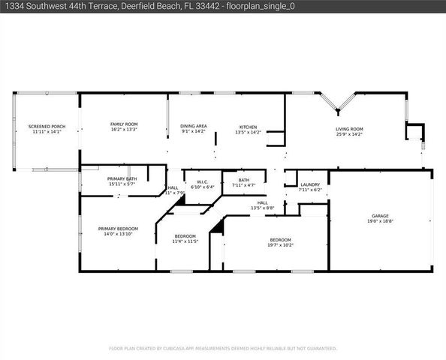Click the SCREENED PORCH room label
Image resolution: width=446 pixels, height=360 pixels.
44,126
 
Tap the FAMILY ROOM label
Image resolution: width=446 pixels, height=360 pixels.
123,124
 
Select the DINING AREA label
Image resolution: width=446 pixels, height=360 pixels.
194,126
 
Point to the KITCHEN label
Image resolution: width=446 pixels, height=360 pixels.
249,127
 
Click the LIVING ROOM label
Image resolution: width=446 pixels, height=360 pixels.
349,129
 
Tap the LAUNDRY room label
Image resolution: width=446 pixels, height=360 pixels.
309,184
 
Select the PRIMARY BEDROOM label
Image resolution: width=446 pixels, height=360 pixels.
117,229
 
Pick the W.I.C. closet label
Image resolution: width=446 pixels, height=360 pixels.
202,181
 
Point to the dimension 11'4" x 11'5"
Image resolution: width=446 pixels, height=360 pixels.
185,241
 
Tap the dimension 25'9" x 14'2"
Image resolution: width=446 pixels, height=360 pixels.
349,134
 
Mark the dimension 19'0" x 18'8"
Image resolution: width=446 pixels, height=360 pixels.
381,221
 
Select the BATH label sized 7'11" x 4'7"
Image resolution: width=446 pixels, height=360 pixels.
244,180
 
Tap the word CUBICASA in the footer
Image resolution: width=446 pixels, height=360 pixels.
176,349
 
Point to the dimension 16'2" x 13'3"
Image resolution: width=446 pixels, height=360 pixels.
123,129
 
